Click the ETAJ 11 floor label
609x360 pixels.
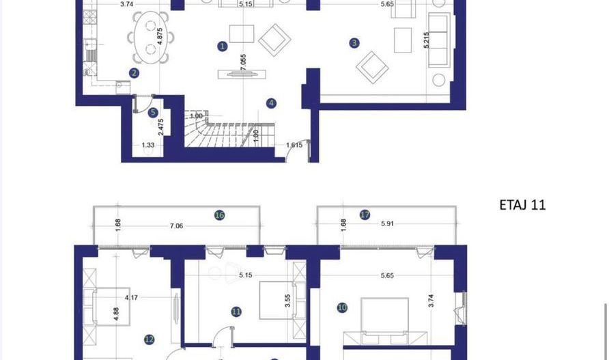pyautogui.click(x=523, y=204)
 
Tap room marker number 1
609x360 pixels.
pyautogui.click(x=223, y=46)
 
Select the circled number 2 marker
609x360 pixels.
pyautogui.click(x=134, y=73)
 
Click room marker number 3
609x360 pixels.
pyautogui.click(x=354, y=43)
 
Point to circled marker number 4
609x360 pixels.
pyautogui.click(x=272, y=103)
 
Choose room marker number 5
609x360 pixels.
pyautogui.click(x=153, y=113)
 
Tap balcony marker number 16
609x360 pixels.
pyautogui.click(x=219, y=215)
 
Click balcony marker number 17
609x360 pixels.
pyautogui.click(x=365, y=214)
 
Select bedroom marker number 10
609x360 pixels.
pyautogui.click(x=342, y=308)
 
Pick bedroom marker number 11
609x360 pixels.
pyautogui.click(x=236, y=311)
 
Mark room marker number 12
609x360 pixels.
pyautogui.click(x=150, y=339)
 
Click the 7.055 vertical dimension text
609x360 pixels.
pyautogui.click(x=244, y=64)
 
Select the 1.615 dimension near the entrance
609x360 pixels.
pyautogui.click(x=294, y=146)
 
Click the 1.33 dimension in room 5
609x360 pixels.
pyautogui.click(x=148, y=146)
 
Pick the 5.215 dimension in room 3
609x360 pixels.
pyautogui.click(x=427, y=40)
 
